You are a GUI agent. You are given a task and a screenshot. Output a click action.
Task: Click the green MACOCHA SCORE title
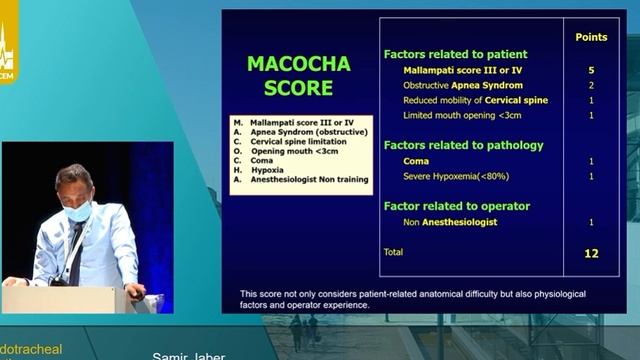point(298,76)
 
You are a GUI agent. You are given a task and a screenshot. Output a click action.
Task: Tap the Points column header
point(591,37)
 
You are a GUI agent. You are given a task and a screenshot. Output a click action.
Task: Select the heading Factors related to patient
point(455,54)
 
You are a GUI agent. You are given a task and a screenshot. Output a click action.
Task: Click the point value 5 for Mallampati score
point(591,71)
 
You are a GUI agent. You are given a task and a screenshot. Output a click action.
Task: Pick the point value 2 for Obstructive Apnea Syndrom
point(591,86)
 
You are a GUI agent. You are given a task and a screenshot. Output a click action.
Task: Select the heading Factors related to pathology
point(463,145)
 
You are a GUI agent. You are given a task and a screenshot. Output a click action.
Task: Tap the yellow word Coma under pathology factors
point(416,161)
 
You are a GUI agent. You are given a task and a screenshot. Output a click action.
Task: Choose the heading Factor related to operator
point(456,206)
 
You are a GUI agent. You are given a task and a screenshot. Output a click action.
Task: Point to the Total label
point(394,252)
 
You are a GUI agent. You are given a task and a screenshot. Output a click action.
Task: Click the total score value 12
point(591,253)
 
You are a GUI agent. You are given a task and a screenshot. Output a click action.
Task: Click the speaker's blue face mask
point(77,211)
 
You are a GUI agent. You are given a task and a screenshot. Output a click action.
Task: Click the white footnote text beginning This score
point(412,298)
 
